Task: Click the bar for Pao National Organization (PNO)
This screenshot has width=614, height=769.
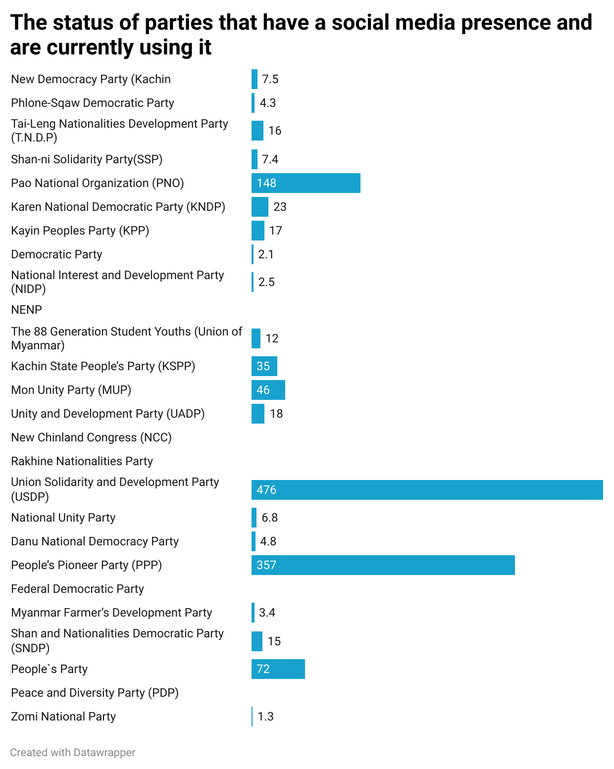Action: click(306, 183)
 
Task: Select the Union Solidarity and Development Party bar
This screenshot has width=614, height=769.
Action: click(427, 490)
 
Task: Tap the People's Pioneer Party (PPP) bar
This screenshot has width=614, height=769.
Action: click(383, 565)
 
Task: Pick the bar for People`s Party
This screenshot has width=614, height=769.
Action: click(278, 669)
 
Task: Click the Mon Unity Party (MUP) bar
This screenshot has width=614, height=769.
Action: click(268, 390)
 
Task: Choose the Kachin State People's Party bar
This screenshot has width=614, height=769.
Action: click(264, 366)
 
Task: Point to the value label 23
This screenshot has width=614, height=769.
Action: click(280, 207)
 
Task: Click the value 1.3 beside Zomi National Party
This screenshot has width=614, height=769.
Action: click(265, 717)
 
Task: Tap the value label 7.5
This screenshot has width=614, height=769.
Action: click(270, 79)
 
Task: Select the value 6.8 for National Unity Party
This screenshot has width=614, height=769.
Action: click(269, 518)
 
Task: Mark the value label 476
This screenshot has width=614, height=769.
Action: click(266, 490)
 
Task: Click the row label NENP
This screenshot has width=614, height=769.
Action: click(26, 310)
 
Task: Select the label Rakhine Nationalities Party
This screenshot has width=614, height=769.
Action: click(82, 461)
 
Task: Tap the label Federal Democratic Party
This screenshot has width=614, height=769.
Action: click(77, 589)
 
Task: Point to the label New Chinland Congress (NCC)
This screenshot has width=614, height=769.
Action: click(91, 437)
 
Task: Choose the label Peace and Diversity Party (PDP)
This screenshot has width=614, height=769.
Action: click(95, 693)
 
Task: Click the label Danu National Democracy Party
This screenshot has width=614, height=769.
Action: click(95, 541)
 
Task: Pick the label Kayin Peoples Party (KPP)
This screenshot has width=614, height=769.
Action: click(80, 231)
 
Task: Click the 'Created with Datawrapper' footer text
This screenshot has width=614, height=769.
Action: click(72, 753)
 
